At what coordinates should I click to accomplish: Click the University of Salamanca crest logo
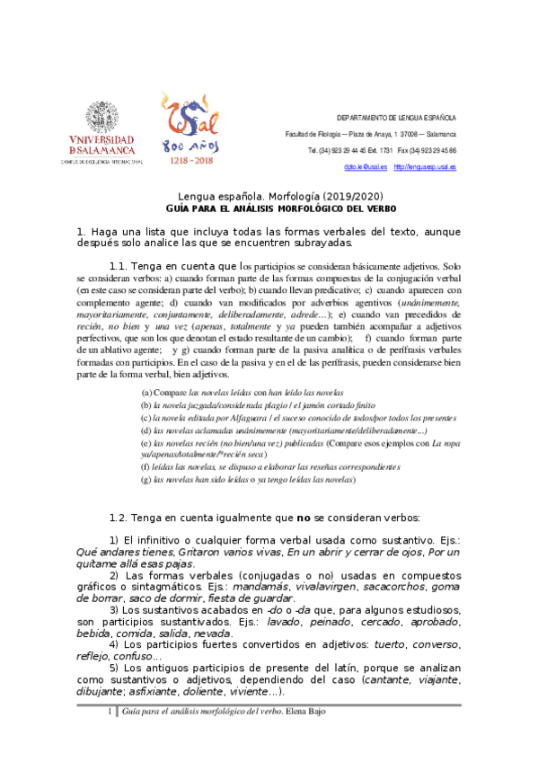click(x=101, y=117)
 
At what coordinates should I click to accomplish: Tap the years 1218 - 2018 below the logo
click(x=191, y=159)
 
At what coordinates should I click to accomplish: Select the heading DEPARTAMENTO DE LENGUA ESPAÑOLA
click(x=396, y=119)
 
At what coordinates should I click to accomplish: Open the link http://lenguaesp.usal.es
click(x=425, y=167)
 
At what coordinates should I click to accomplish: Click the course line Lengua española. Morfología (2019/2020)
click(x=269, y=196)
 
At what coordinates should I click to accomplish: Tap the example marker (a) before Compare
click(x=146, y=394)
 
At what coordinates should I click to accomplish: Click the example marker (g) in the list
click(x=146, y=481)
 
